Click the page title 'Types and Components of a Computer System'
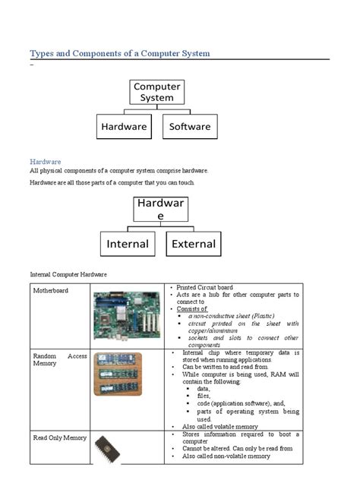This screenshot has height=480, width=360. pos(119,53)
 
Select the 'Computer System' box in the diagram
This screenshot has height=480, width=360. pos(156,92)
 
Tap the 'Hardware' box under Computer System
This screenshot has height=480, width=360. pos(124,127)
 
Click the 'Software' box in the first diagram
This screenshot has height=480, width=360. pos(190,127)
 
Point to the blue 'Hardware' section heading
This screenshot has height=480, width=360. pos(46,162)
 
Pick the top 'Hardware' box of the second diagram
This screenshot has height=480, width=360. pos(159,210)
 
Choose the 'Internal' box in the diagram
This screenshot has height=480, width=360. pos(128,245)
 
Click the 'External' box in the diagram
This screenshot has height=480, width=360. pos(194,245)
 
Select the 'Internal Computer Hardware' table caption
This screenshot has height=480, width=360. pos(68,273)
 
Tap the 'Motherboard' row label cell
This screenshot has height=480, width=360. pos(51,291)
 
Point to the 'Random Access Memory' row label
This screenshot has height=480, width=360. pos(60,359)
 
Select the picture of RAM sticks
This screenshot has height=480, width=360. pos(117,374)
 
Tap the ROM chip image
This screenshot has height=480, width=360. pos(109,450)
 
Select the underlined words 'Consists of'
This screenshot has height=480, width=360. pos(192,309)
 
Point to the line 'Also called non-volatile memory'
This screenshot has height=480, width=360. pos(226,456)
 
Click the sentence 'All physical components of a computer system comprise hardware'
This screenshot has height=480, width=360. pos(118,171)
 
